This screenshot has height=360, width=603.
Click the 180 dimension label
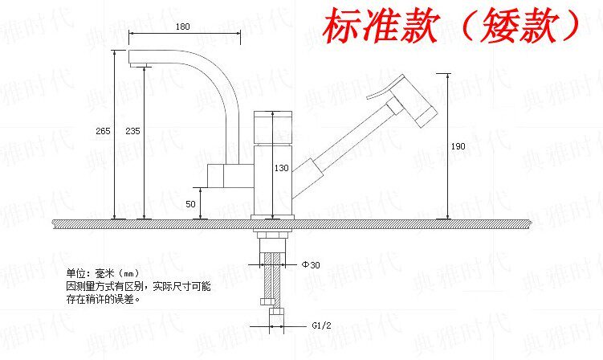pos(182,27)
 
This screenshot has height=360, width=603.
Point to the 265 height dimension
pos(103,131)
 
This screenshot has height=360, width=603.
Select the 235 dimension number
pos(133,131)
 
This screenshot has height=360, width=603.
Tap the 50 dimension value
pos(190,204)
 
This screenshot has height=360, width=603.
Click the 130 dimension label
pos(281,169)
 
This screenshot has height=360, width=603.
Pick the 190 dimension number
pos(458,146)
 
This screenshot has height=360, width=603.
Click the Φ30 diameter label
pos(311,264)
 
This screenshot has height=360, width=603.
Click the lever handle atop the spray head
pos(389,85)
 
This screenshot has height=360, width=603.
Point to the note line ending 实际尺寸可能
pos(139,287)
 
